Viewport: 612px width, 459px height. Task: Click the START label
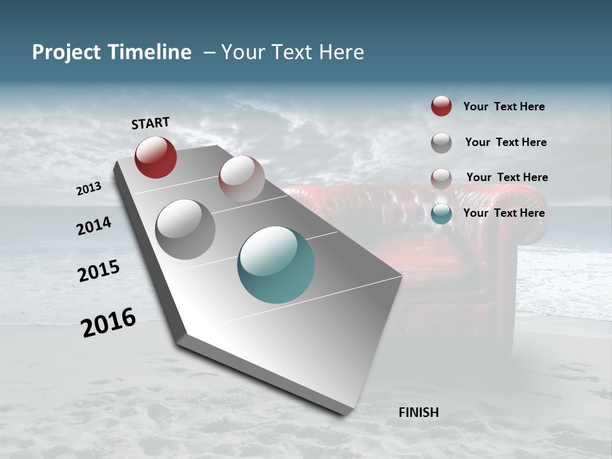[150, 123]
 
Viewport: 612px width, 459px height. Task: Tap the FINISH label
[419, 412]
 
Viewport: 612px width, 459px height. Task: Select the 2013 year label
[89, 189]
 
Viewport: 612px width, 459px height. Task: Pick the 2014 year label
[94, 226]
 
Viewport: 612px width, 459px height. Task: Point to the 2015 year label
[99, 271]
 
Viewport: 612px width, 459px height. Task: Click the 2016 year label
[109, 323]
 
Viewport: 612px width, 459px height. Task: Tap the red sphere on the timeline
[156, 157]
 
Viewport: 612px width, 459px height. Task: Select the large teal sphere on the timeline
[276, 265]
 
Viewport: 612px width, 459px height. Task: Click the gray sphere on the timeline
[186, 229]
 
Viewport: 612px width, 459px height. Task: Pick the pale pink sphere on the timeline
[242, 178]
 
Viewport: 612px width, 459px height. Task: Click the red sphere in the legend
[441, 106]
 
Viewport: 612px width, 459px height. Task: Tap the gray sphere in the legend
[441, 143]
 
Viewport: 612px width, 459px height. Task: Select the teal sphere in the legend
[441, 214]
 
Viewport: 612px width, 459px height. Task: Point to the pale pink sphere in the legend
[441, 178]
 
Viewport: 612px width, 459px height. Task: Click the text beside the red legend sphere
[504, 106]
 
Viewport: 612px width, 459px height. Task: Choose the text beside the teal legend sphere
[504, 213]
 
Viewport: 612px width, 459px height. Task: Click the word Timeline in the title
[148, 52]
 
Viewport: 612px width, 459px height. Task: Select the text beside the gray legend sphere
[506, 142]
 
